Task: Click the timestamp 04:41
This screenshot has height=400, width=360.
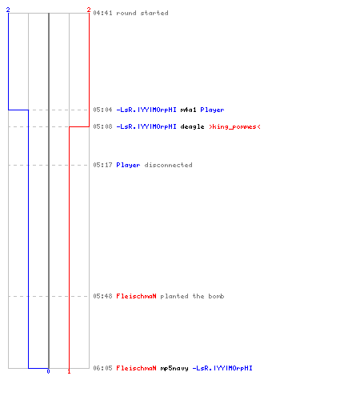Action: [x=102, y=13]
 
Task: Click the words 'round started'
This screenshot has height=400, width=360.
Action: [x=142, y=13]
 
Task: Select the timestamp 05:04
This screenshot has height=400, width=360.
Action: [x=102, y=110]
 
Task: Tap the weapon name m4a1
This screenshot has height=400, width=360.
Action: [x=188, y=110]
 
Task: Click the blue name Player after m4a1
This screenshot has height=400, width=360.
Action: [x=212, y=110]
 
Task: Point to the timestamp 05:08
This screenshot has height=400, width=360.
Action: [x=102, y=126]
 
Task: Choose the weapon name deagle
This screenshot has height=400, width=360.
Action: [x=192, y=126]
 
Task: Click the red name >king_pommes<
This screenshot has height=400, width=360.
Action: [x=234, y=126]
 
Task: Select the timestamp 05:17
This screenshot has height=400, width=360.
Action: [x=102, y=165]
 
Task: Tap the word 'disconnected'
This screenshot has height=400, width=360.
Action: [x=168, y=165]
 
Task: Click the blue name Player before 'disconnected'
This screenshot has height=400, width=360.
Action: [x=128, y=165]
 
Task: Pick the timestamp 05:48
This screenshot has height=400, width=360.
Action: [x=102, y=296]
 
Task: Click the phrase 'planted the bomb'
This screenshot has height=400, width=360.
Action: [x=192, y=296]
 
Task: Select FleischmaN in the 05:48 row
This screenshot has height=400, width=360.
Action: [x=136, y=296]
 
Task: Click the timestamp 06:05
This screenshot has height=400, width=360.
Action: [x=102, y=368]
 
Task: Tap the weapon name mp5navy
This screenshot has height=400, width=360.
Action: [x=174, y=368]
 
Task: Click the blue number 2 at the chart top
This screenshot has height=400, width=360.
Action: [x=8, y=10]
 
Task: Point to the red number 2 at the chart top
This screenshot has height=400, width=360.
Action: [x=89, y=10]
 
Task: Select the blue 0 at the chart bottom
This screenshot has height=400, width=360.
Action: [x=48, y=371]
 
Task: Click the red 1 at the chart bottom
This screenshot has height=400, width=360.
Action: [x=69, y=371]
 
